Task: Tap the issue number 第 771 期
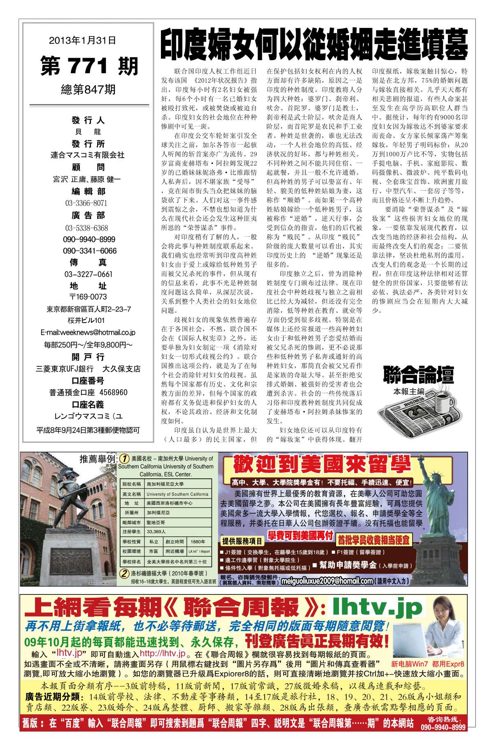click(x=89, y=66)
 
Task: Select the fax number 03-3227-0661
click(x=88, y=274)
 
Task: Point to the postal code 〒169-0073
click(x=88, y=297)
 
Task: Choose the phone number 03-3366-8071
click(x=86, y=203)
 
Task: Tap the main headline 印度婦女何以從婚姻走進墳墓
click(x=314, y=46)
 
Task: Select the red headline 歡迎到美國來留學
click(x=322, y=465)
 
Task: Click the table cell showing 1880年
click(x=198, y=542)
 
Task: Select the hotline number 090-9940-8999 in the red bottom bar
click(x=443, y=739)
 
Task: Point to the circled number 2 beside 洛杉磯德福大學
click(x=123, y=573)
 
